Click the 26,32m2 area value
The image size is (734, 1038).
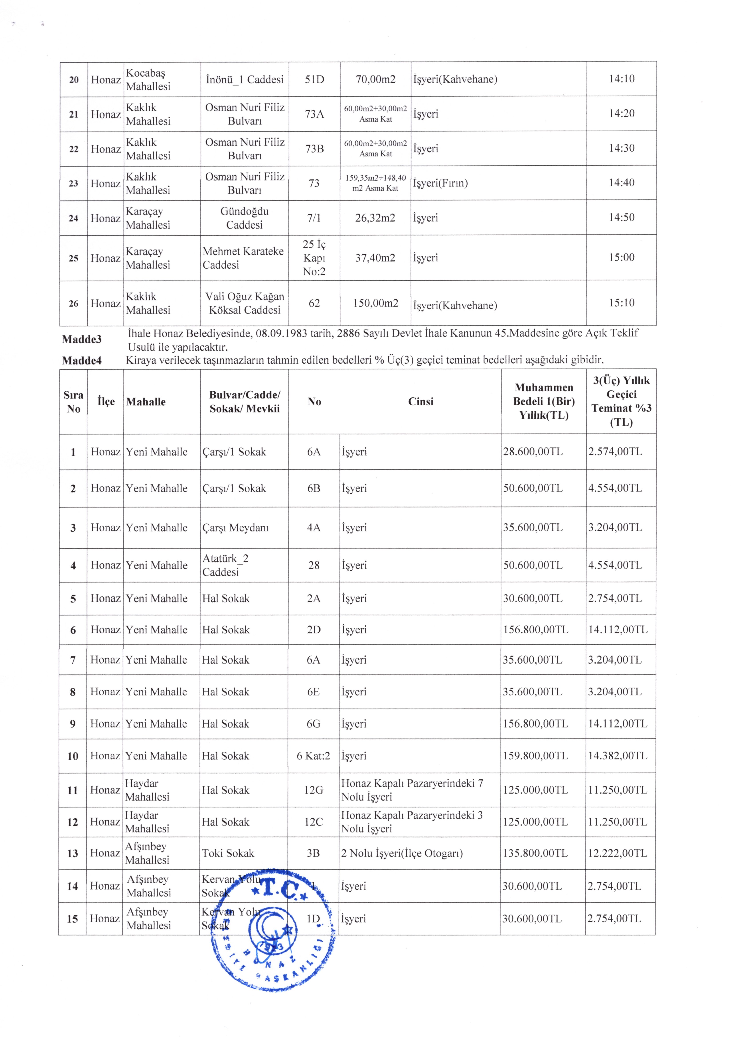point(375,218)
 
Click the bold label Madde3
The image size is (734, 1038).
point(82,339)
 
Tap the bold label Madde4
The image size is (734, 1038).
point(82,360)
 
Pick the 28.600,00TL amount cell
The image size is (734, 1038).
point(533,452)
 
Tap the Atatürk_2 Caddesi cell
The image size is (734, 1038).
point(225,565)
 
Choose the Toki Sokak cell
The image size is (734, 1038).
point(228,853)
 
